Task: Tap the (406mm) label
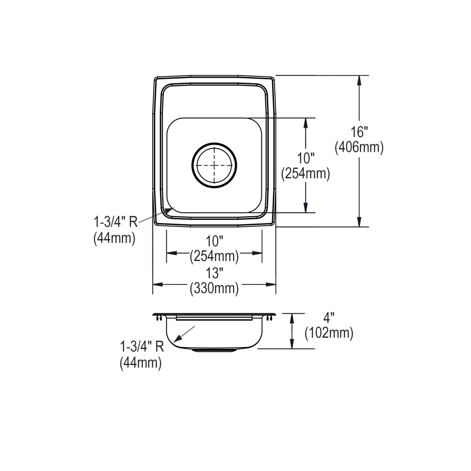tap(359, 148)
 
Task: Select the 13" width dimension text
tap(214, 273)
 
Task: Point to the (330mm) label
tap(214, 288)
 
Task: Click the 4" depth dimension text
tap(329, 318)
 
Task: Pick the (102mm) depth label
tap(329, 333)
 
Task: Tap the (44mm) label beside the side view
tap(141, 363)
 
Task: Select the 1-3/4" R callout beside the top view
tap(116, 223)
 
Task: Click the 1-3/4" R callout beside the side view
tap(142, 347)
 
